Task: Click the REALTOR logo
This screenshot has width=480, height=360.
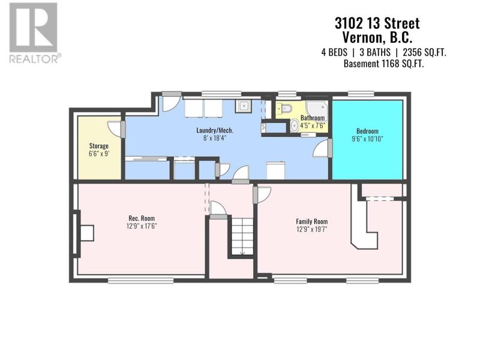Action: tap(34, 33)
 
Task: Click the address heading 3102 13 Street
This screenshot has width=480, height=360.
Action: tap(377, 23)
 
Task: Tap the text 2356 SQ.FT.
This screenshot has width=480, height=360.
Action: tap(424, 53)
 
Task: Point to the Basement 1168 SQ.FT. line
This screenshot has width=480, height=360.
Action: tap(383, 64)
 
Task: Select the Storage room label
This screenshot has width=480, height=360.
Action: tap(98, 146)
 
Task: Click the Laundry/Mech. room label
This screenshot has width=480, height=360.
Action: tap(215, 130)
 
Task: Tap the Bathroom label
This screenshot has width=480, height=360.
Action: tap(312, 118)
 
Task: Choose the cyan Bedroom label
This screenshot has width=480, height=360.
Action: tap(367, 131)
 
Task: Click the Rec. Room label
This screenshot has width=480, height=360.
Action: tap(142, 218)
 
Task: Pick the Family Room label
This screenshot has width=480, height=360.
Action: tap(311, 221)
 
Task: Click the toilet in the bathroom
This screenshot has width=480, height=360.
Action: tap(284, 108)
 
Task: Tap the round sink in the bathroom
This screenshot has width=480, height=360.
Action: tap(295, 126)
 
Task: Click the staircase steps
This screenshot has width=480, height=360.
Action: tap(242, 236)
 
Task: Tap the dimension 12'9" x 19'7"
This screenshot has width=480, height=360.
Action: tap(311, 229)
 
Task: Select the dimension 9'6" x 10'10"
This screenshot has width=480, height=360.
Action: tap(367, 139)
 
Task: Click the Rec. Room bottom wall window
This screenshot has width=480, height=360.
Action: tap(141, 280)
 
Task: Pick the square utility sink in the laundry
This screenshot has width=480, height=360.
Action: tap(244, 106)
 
